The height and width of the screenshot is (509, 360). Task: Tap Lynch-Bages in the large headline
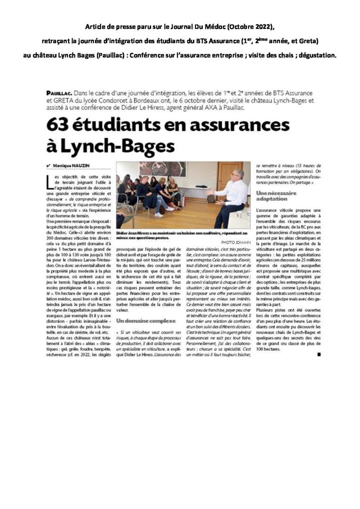click(x=115, y=146)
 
